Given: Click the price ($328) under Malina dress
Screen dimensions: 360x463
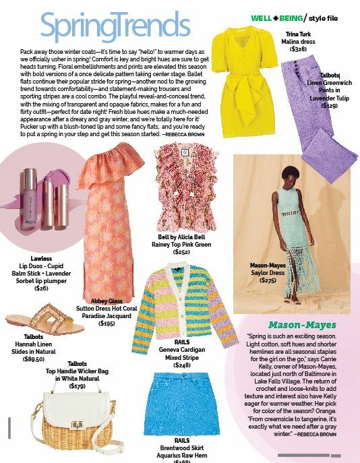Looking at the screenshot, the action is pyautogui.click(x=298, y=49).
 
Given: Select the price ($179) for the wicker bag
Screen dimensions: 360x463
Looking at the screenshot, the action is pyautogui.click(x=77, y=386).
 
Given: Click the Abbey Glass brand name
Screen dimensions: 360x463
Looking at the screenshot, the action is pyautogui.click(x=106, y=302).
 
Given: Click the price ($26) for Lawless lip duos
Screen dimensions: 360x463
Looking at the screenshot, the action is pyautogui.click(x=41, y=288).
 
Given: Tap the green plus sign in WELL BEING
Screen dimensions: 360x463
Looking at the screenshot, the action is pyautogui.click(x=276, y=18).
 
